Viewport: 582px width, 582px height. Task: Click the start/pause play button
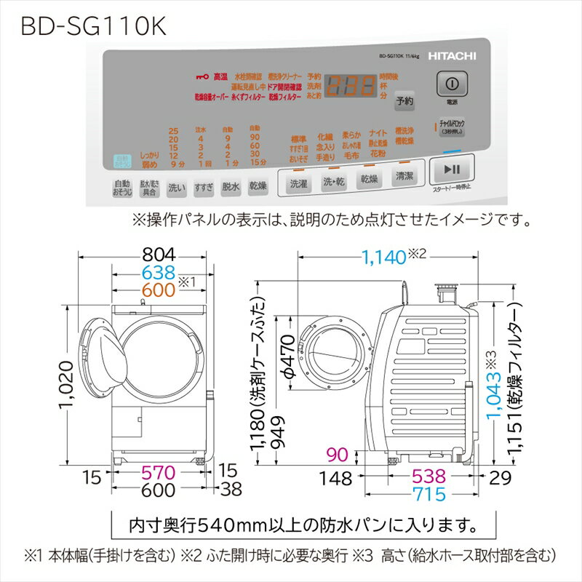[451, 170]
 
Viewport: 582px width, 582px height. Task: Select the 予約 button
[404, 103]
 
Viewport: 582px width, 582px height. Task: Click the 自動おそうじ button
[122, 188]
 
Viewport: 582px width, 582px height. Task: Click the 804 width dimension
[159, 255]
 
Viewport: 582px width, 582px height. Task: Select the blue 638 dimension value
[159, 273]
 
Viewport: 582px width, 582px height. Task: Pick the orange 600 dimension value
[159, 290]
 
